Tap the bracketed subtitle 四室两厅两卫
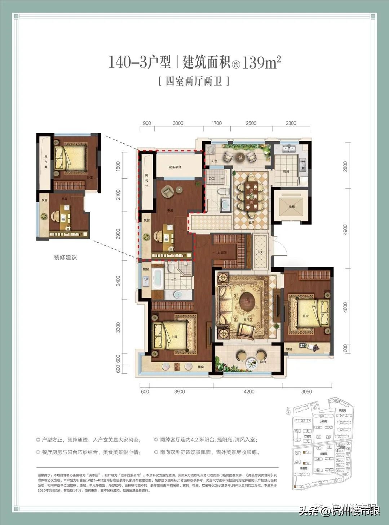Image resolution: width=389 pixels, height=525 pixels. tap(194, 81)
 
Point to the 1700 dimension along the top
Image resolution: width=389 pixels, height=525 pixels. tap(217, 123)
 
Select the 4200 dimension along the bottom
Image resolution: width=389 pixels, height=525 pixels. tap(248, 391)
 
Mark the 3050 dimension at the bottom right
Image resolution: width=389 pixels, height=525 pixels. tap(306, 391)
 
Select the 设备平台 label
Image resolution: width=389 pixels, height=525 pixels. tap(175, 167)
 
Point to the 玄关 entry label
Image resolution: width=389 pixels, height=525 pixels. tap(260, 252)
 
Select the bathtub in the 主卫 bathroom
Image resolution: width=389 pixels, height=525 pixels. tap(158, 278)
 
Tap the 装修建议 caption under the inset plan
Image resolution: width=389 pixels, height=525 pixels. tap(65, 257)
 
